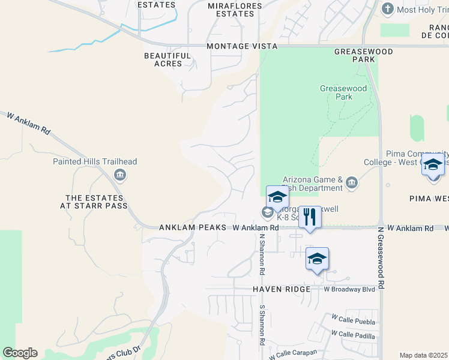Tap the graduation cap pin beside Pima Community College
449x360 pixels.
[432, 165]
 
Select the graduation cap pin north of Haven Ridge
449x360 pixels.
[317, 259]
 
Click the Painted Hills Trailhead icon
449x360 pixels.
[119, 175]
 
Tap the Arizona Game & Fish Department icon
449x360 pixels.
[351, 182]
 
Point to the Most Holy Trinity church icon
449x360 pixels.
[387, 9]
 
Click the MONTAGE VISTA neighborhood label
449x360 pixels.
[242, 46]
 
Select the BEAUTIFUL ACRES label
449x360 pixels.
[167, 60]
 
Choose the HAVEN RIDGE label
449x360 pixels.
[281, 289]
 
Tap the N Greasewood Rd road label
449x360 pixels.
[381, 258]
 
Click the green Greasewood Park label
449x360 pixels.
[343, 92]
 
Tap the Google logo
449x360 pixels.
[20, 353]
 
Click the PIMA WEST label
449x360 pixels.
[429, 198]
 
